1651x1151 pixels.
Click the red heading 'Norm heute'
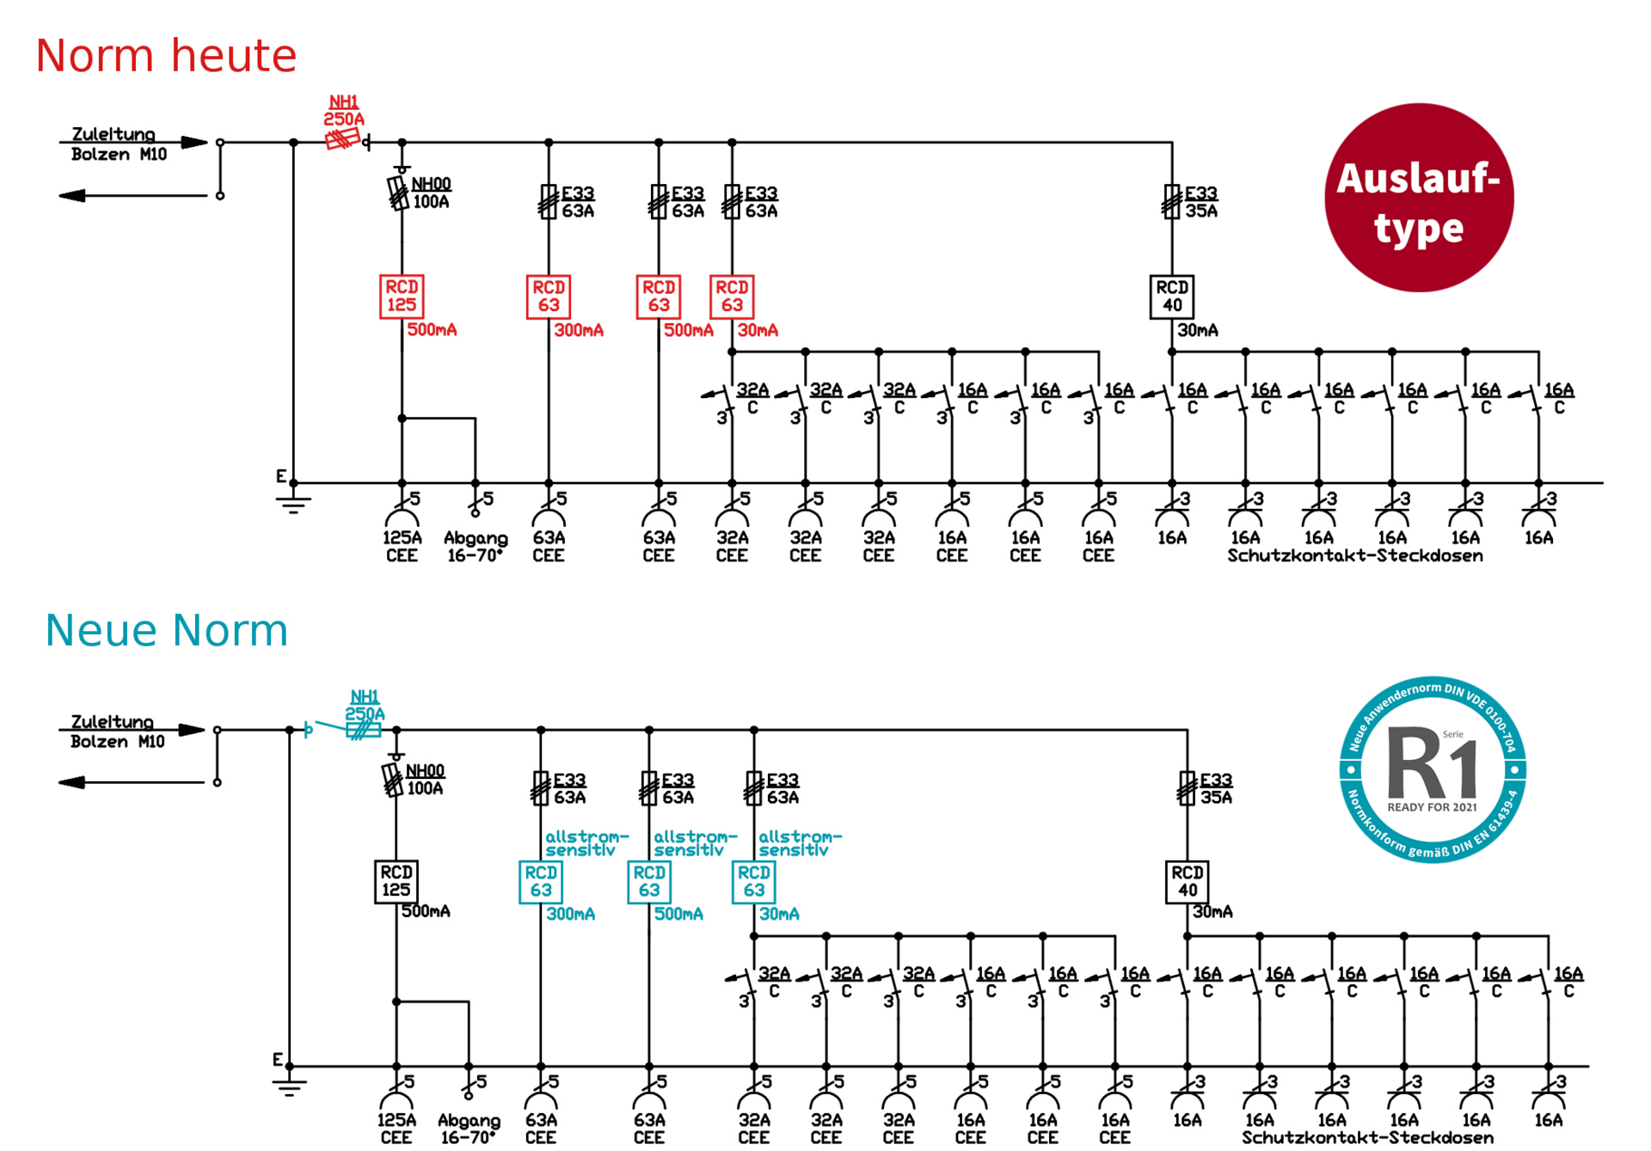(166, 56)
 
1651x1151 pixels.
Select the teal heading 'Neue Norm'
(166, 630)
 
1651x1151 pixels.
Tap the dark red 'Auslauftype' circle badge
(1419, 198)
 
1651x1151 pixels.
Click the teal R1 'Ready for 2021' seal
(1433, 769)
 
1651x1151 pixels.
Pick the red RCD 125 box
(402, 297)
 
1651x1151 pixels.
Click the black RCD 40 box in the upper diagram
(1172, 297)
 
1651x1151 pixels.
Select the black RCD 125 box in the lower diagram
(396, 881)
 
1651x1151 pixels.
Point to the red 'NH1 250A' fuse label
(344, 111)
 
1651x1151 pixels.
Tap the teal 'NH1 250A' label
(365, 705)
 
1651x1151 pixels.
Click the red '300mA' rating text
(579, 330)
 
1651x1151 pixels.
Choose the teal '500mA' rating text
(678, 914)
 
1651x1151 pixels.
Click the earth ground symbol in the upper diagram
(293, 502)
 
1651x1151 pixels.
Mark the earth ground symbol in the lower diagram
(290, 1085)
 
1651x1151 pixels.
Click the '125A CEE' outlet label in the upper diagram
(402, 547)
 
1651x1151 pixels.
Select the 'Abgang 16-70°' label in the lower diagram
(469, 1129)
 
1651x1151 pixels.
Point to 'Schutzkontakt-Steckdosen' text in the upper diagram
(1355, 556)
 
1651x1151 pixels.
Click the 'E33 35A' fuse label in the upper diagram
(1201, 202)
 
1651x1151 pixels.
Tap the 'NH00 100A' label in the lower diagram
(425, 780)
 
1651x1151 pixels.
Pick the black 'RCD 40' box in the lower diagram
(1188, 881)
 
